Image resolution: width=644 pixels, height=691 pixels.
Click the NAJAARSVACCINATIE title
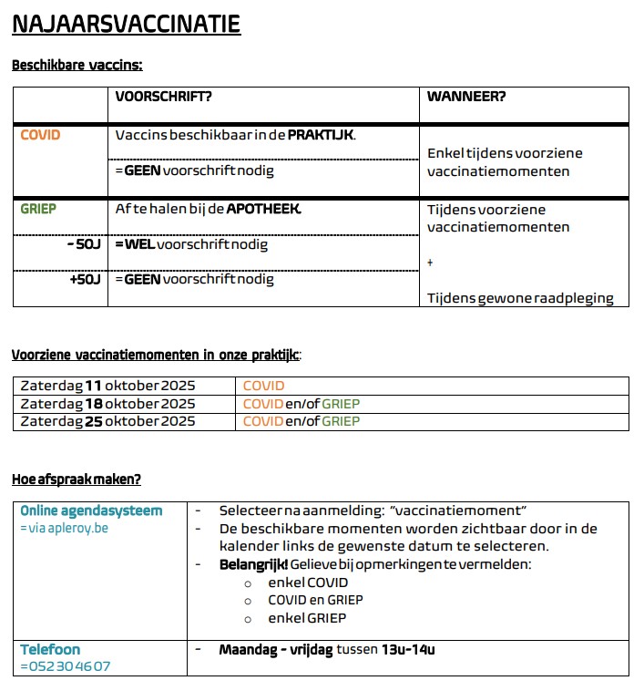tap(126, 24)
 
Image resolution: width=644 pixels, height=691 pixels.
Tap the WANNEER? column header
tap(466, 97)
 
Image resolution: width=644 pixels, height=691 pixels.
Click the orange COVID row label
tap(40, 135)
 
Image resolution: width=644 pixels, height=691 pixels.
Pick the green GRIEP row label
tap(38, 209)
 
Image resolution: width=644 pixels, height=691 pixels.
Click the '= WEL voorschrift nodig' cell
tap(191, 245)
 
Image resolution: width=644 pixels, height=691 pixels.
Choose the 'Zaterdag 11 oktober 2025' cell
tap(107, 386)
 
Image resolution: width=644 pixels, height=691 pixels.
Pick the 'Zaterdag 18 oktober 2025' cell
tap(107, 404)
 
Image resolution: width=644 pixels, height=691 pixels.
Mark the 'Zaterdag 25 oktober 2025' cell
tap(107, 421)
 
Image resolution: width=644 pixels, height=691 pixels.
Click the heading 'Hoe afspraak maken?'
tap(77, 480)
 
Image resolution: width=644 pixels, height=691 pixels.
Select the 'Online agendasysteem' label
tap(91, 511)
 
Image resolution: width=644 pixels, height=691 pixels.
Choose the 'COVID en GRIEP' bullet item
tap(315, 600)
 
